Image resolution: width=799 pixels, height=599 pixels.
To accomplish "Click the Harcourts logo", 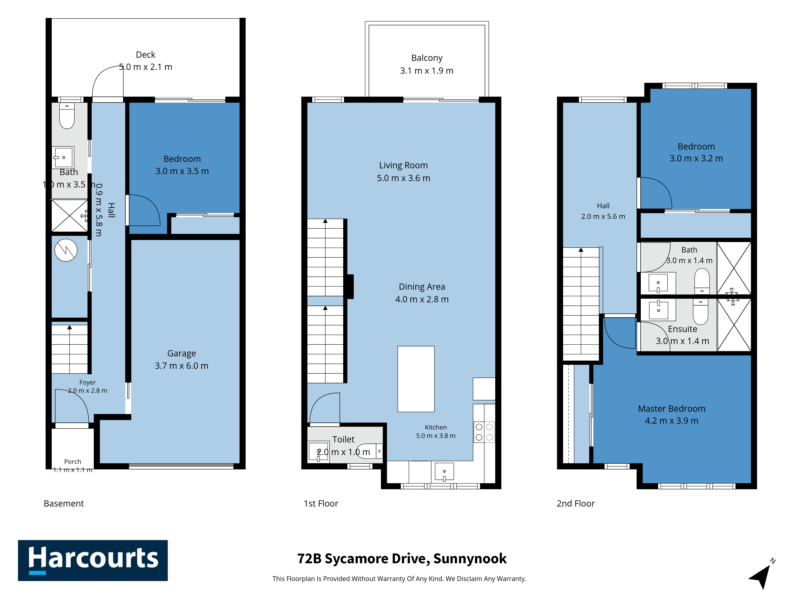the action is coord(93,560).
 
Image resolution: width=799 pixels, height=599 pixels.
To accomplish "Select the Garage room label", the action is coord(182,353).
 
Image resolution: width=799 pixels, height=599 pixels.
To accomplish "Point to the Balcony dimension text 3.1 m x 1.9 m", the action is coord(427,71).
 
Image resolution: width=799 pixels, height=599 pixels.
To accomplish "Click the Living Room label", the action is coord(403,165).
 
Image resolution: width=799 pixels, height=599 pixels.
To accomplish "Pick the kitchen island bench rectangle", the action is coord(416,379).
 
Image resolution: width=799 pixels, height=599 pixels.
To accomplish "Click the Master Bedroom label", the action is coord(672,409).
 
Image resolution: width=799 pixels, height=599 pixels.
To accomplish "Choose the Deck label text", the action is coord(146,55).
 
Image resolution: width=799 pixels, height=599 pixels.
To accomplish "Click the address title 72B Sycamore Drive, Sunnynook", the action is coord(402,558).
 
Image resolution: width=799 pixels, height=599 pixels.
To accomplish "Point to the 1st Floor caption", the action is coord(321,504).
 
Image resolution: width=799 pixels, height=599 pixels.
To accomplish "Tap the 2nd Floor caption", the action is coord(575,504).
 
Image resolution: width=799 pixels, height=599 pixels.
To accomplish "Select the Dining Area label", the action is coord(422,287).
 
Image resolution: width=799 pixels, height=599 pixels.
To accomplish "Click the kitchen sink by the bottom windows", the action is coord(444,472).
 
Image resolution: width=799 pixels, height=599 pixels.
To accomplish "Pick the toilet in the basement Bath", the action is coord(67,116).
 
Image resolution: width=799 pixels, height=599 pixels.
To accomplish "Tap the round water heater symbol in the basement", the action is coord(66,250).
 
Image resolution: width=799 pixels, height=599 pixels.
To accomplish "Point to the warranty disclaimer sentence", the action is coord(399,579).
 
